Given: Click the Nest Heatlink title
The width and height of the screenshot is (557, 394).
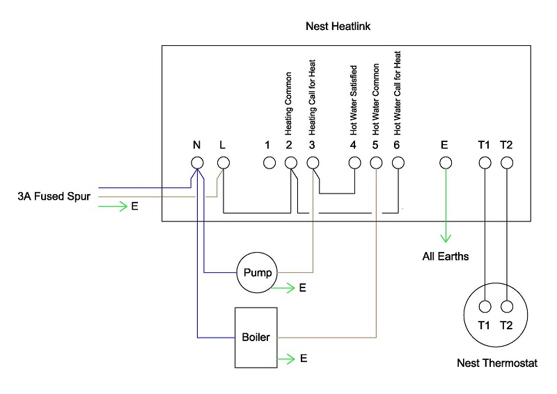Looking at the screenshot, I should [x=339, y=27].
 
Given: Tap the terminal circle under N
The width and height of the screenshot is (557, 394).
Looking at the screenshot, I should [x=197, y=162].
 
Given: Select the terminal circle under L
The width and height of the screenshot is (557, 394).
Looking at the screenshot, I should [x=223, y=162].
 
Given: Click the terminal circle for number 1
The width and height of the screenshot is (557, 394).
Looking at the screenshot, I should [x=268, y=163].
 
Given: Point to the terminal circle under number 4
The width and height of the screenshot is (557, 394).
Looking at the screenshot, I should [x=354, y=163].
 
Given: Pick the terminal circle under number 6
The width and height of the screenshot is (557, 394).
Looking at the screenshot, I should [x=398, y=163].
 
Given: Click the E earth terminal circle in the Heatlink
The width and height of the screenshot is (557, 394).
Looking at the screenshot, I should [x=446, y=163].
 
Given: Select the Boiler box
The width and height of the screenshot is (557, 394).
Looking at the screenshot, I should [x=256, y=338].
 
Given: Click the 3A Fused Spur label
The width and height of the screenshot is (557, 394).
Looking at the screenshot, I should [x=53, y=196].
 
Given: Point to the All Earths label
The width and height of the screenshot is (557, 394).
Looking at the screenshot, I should [x=446, y=256].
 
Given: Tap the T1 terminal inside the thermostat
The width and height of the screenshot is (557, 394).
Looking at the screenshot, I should [x=485, y=305].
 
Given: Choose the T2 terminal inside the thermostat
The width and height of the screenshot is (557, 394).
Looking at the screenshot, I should [x=507, y=305].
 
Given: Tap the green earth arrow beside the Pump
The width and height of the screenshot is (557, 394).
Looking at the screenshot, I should [x=284, y=287].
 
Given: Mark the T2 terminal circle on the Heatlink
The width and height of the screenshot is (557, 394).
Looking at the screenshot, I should [x=507, y=163].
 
